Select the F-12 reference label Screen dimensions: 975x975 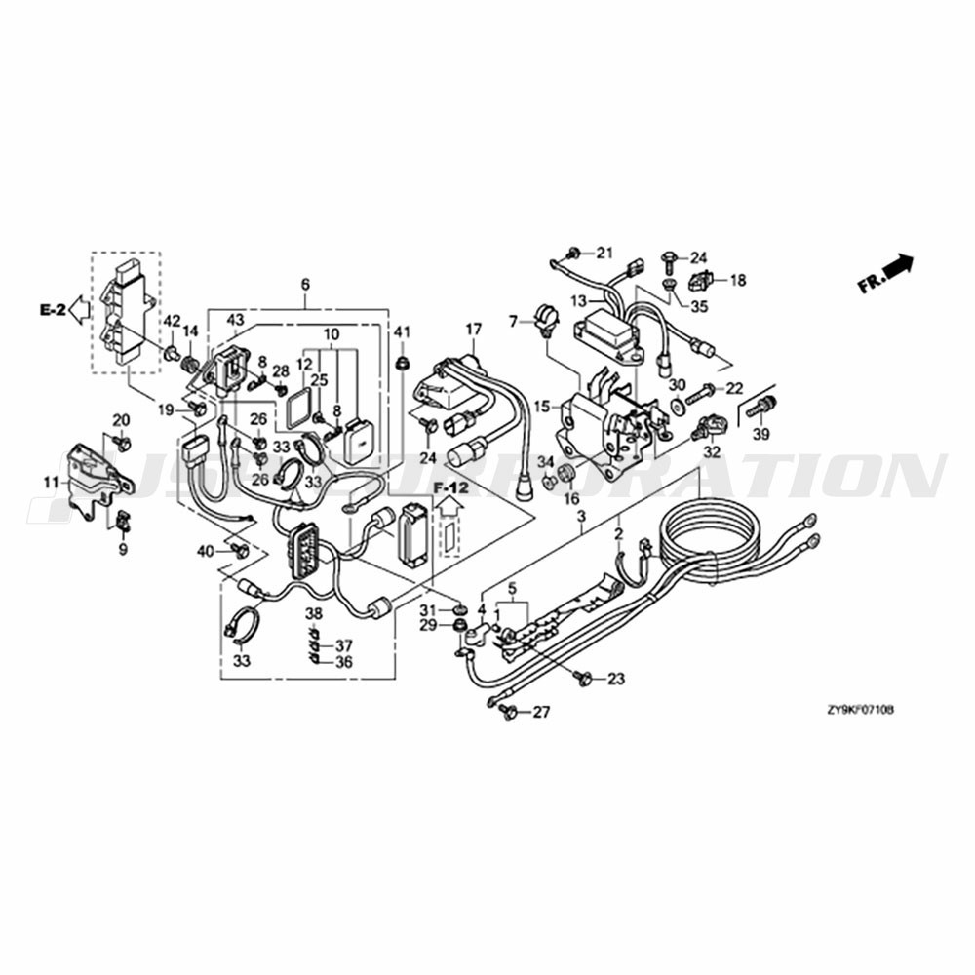[451, 485]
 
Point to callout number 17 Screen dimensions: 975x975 [474, 330]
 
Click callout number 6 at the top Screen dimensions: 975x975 [305, 285]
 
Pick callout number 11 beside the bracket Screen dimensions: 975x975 [50, 482]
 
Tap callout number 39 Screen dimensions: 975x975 [760, 433]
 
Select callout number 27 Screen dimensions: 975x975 [540, 713]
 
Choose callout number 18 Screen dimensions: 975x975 [737, 281]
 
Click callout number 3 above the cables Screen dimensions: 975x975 [581, 514]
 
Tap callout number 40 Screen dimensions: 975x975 [205, 552]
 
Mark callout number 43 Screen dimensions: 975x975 [235, 320]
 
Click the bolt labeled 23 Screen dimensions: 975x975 [584, 677]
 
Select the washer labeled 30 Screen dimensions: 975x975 [677, 402]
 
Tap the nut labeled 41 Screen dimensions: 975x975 [401, 364]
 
